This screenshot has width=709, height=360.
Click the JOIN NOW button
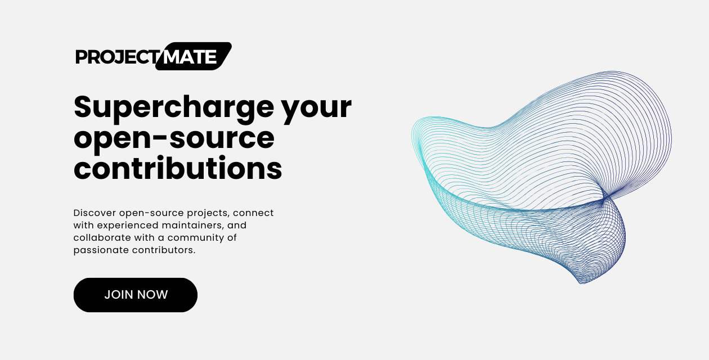[x=136, y=295]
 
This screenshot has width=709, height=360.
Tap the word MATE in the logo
[x=190, y=57]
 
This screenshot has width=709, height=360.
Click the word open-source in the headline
[x=174, y=139]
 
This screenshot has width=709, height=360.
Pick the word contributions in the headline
[x=178, y=168]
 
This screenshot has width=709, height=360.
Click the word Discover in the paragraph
[x=95, y=213]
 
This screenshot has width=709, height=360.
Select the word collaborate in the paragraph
[x=102, y=237]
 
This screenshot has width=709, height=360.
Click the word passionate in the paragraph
[x=101, y=250]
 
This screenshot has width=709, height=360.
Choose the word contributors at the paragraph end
[x=164, y=250]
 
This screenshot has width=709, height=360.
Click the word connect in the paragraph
[x=253, y=213]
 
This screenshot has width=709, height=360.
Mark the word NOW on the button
[x=152, y=295]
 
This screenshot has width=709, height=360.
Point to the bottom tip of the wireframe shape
[x=582, y=283]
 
